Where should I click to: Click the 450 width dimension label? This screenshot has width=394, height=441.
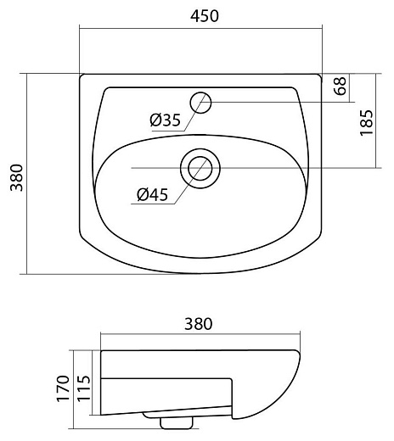pyautogui.click(x=205, y=16)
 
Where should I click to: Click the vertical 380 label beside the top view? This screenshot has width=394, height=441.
pyautogui.click(x=16, y=177)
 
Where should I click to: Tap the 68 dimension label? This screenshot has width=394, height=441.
pyautogui.click(x=340, y=86)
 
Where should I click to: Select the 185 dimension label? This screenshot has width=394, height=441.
pyautogui.click(x=367, y=123)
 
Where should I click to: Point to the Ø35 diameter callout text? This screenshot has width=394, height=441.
pyautogui.click(x=166, y=120)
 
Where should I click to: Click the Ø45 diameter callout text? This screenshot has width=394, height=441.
pyautogui.click(x=153, y=194)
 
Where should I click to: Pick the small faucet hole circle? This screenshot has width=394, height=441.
pyautogui.click(x=200, y=103)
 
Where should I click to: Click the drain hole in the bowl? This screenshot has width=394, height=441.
pyautogui.click(x=200, y=168)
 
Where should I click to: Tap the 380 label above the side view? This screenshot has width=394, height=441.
pyautogui.click(x=199, y=324)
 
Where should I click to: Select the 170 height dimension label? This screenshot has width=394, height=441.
pyautogui.click(x=63, y=388)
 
